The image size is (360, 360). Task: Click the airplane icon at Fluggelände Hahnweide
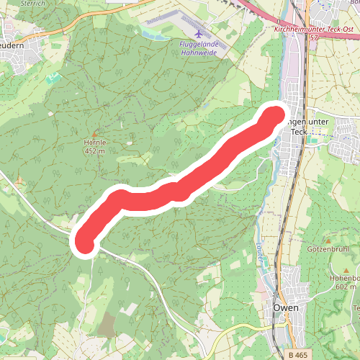click(x=199, y=34)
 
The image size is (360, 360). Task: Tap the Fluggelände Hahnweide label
click(x=199, y=47)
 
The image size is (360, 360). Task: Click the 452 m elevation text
click(x=94, y=152)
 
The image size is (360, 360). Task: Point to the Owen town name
click(x=286, y=307)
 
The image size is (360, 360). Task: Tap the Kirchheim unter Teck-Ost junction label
click(x=314, y=29)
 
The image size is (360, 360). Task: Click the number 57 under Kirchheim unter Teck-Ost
click(x=314, y=37)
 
